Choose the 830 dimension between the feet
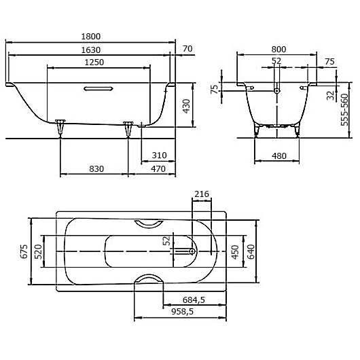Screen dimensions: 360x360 (95, 169)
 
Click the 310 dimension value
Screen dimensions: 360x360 (159, 156)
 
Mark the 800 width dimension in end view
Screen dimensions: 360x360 (278, 48)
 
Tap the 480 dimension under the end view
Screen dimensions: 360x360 (278, 156)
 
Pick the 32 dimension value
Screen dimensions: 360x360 (330, 95)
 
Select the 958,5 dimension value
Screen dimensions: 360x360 (182, 312)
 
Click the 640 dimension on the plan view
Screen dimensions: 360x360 (251, 252)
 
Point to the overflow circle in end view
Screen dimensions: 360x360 (277, 90)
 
